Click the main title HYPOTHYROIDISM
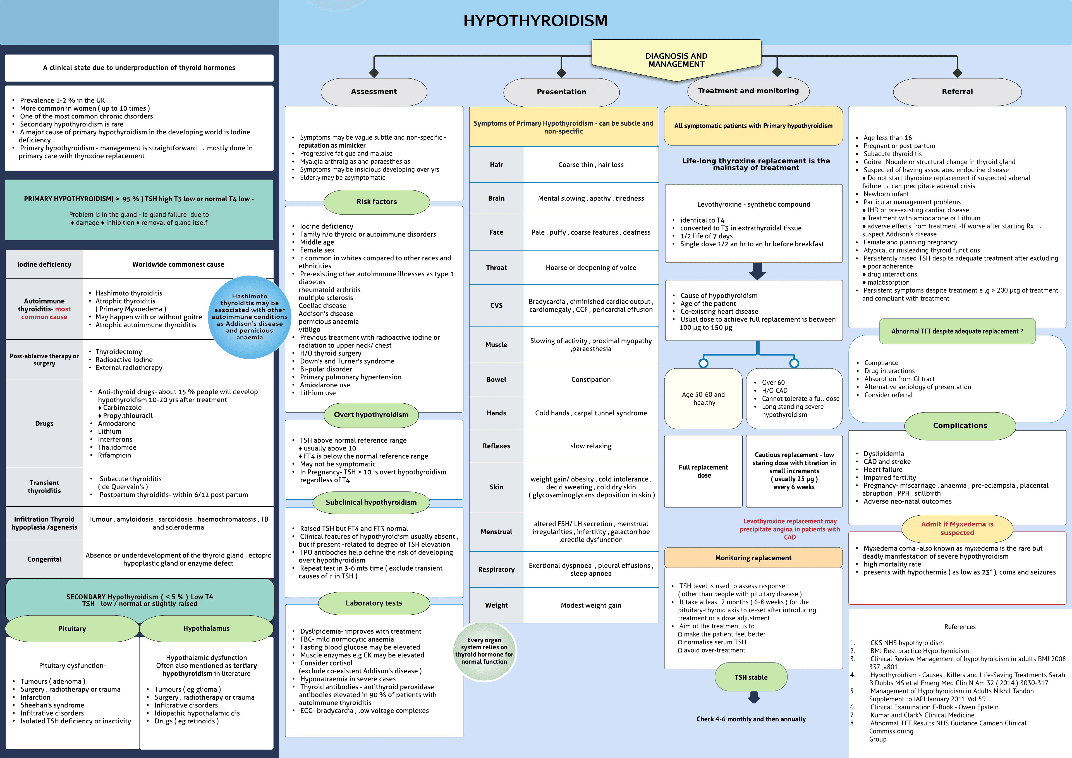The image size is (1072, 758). pos(535,21)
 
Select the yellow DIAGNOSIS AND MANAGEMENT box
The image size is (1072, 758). pos(676,60)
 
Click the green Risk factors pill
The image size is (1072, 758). pos(376,202)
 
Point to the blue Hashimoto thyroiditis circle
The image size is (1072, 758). pos(249,317)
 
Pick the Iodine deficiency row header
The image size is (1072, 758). pos(44,264)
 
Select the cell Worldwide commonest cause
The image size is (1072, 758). pos(178,264)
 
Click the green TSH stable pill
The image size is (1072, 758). pos(751,677)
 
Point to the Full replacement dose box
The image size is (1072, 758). pos(703,471)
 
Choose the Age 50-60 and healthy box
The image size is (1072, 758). pos(703,398)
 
